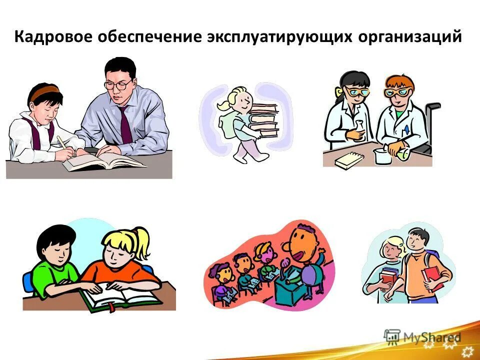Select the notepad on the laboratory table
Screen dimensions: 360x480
click(349, 159)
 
